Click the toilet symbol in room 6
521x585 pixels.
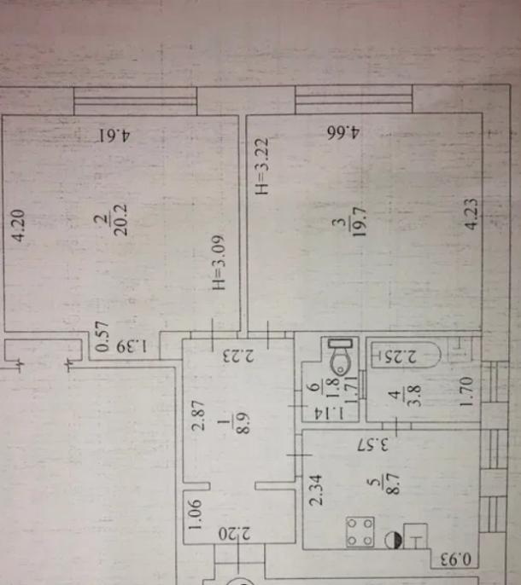click(x=340, y=356)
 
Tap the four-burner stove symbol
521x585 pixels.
click(x=360, y=532)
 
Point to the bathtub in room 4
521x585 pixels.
click(x=407, y=355)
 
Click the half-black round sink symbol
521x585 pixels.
click(x=394, y=540)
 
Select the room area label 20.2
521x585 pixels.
click(x=121, y=220)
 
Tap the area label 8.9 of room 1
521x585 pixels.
click(x=243, y=424)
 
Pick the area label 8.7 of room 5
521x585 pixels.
click(x=393, y=484)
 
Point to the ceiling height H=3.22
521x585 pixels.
click(x=261, y=166)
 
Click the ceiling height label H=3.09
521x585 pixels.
click(x=219, y=263)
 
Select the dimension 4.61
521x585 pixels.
click(x=114, y=135)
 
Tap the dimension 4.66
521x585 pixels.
click(x=343, y=132)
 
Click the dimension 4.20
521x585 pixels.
click(x=18, y=226)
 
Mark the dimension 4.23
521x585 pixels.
click(x=471, y=214)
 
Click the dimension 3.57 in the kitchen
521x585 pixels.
click(x=373, y=445)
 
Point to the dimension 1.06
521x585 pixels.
click(x=195, y=514)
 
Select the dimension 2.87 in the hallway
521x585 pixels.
click(x=198, y=415)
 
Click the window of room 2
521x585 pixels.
click(x=135, y=101)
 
